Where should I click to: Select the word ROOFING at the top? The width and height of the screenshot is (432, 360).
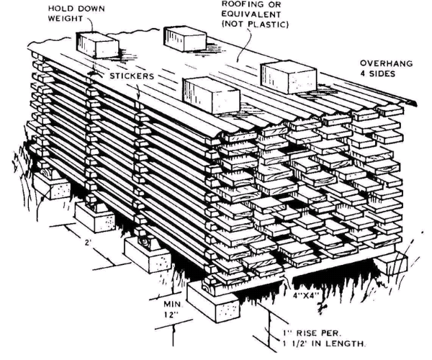click(214, 5)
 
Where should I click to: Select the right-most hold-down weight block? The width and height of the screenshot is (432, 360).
click(283, 74)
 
